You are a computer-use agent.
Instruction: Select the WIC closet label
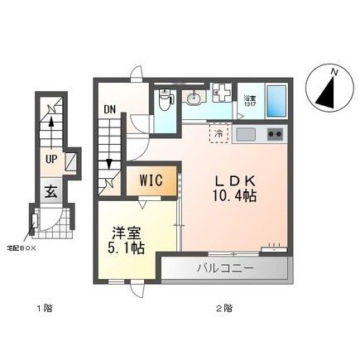point(151,180)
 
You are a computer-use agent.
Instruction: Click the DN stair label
point(110,108)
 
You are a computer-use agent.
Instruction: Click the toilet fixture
point(164,101)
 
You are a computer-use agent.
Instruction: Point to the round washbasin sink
point(193,100)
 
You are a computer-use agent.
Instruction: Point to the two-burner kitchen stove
point(274,134)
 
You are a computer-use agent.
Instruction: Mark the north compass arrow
point(327,89)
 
